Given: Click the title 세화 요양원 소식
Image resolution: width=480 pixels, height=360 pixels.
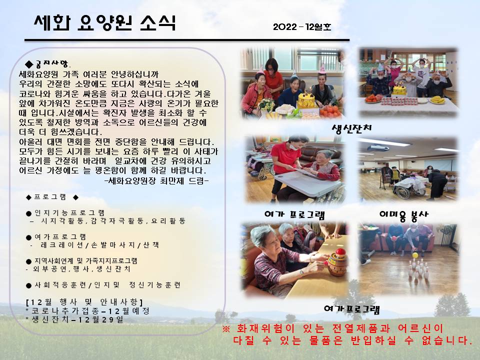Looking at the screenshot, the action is point(104,23).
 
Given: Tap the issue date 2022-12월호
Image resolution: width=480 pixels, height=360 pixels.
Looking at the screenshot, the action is point(302,27).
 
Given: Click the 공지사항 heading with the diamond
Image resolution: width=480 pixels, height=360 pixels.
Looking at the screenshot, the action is point(47,63).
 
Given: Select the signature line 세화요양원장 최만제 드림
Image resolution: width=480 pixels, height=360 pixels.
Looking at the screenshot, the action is point(156,181).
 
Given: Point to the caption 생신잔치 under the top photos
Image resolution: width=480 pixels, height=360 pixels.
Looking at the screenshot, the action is point(351,127).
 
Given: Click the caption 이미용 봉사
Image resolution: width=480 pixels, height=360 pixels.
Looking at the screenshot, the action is point(404,215).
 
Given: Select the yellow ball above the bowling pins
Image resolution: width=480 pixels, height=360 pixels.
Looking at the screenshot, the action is point(415,255).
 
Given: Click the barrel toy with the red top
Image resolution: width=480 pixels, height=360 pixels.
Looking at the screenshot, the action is point(338,262).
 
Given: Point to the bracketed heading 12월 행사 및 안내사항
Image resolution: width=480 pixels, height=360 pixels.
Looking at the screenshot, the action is point(84,302).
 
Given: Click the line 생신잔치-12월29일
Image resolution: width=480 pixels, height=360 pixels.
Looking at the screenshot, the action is point(75,319).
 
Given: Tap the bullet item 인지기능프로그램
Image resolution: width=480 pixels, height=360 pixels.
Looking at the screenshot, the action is point(65,213).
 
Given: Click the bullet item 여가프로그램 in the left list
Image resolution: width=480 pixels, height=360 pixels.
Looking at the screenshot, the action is point(56,237).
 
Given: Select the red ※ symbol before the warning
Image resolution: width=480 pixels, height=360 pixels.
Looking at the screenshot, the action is point(226,329).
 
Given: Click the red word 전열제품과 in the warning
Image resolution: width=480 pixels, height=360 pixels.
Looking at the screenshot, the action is point(361,329).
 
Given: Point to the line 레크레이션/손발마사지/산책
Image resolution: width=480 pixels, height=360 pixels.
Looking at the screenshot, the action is point(99,245).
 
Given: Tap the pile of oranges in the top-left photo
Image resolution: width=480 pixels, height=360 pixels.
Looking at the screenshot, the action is point(330,111).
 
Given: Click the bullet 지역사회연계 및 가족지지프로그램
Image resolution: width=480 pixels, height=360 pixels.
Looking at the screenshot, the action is point(81,261).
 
